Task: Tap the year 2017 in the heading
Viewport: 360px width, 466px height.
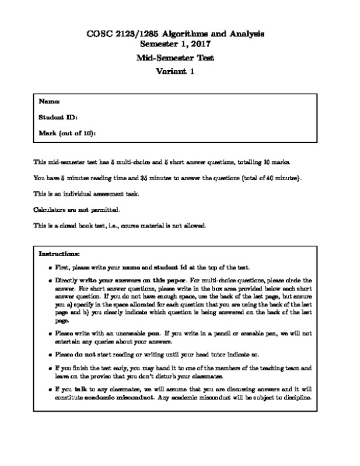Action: (x=199, y=44)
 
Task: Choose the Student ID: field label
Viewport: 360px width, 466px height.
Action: (x=58, y=117)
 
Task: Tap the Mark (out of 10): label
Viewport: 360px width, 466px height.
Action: (x=67, y=132)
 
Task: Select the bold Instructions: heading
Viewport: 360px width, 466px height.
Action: (x=60, y=254)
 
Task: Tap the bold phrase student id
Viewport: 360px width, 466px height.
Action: (x=169, y=268)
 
